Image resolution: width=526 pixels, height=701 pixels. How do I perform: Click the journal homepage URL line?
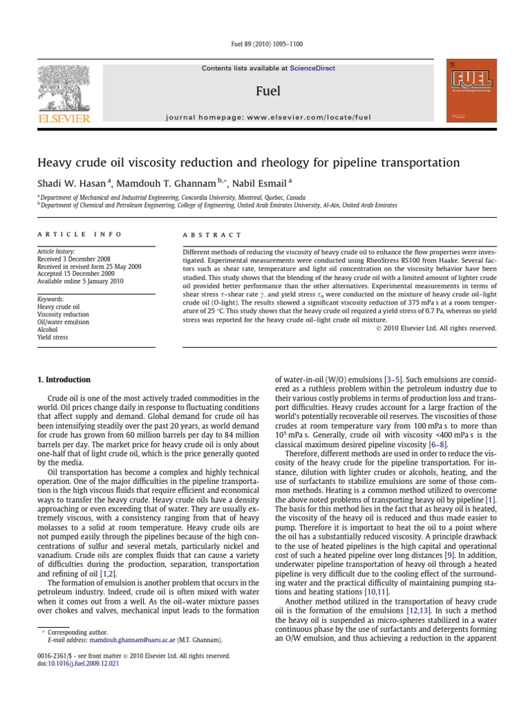[268, 118]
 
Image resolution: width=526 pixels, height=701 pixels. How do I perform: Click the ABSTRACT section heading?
[212, 235]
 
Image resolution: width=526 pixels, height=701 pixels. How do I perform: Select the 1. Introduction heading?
[64, 380]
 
